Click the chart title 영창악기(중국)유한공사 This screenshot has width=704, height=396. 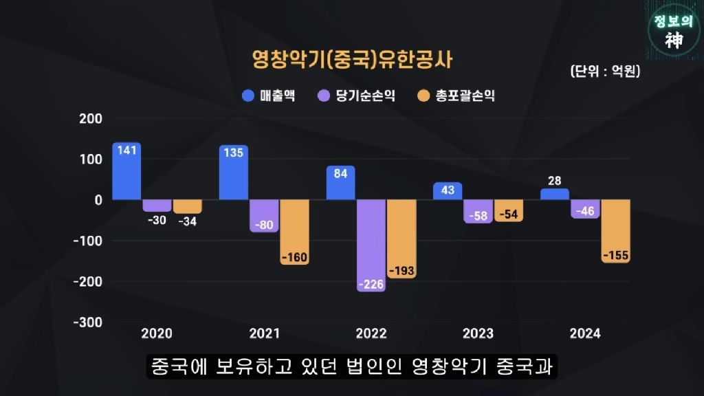[x=352, y=60]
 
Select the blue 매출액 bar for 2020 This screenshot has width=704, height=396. [x=126, y=172]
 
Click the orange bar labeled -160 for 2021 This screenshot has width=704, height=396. [x=294, y=232]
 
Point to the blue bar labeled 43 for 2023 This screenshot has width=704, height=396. [x=448, y=191]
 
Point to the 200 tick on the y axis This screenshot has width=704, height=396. [x=90, y=118]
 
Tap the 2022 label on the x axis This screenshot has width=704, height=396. [x=371, y=333]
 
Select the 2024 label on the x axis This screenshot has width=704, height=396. [x=585, y=333]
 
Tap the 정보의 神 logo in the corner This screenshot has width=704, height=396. [x=674, y=31]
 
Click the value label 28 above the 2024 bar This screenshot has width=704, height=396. [x=555, y=180]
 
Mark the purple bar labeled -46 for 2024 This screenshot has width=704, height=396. [x=585, y=209]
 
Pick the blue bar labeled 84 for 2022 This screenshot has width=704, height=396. [x=340, y=183]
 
